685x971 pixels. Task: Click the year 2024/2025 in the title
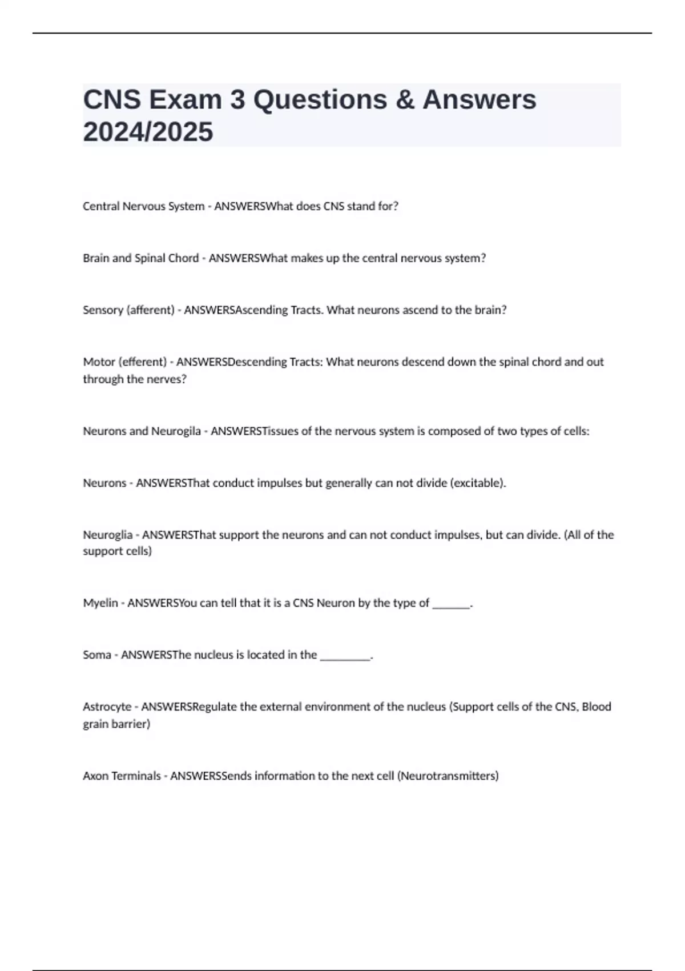(148, 132)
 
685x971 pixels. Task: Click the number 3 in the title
(237, 100)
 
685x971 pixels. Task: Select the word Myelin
(100, 603)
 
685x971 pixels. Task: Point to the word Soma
(96, 655)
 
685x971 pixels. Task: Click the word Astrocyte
(107, 707)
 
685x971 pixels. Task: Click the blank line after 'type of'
(451, 604)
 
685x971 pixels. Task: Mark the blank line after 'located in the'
(345, 656)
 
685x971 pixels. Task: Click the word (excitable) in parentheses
(478, 483)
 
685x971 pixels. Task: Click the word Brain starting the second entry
(96, 258)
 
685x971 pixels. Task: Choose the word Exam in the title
(185, 100)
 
